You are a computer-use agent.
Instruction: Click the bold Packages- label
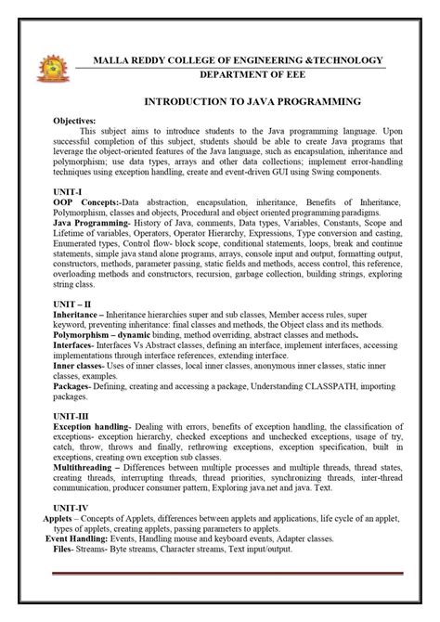click(78, 390)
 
